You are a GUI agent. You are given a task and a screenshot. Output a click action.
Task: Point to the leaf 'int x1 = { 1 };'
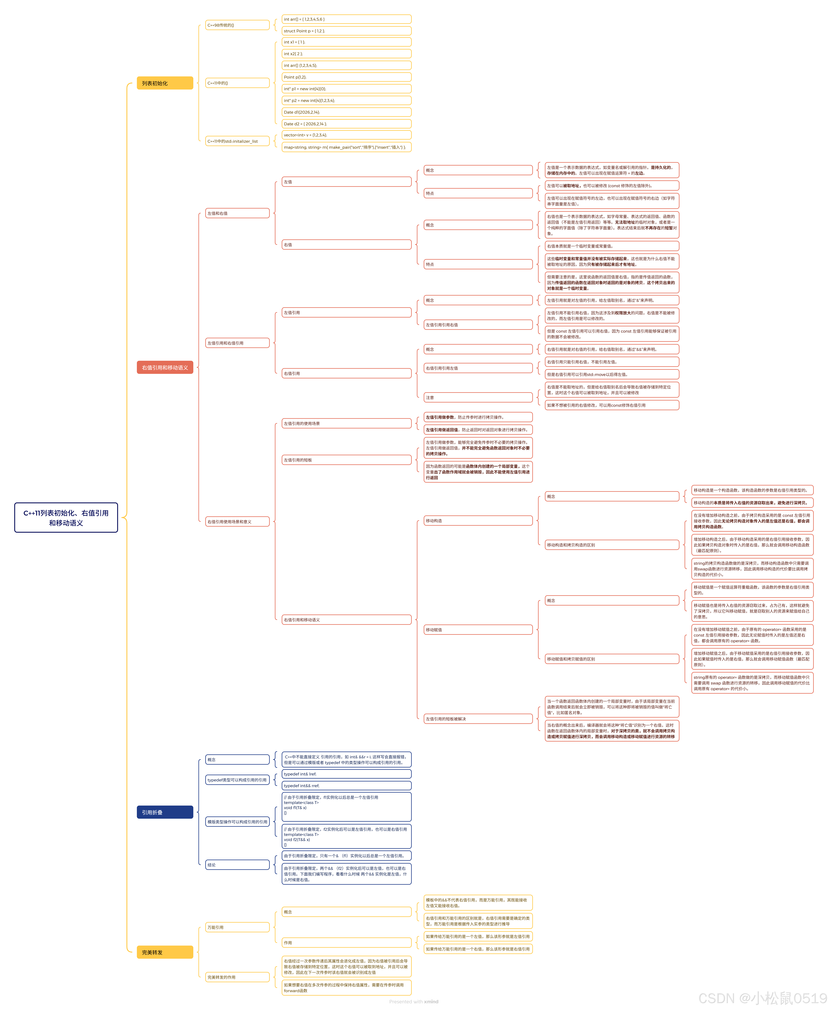point(346,42)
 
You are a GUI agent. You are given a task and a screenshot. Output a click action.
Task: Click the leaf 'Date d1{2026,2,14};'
point(346,112)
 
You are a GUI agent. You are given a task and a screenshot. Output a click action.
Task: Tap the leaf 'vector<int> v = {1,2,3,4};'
point(346,135)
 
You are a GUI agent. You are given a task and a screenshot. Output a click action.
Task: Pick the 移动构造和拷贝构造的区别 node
point(612,545)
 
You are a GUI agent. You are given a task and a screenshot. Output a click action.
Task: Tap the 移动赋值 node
point(478,629)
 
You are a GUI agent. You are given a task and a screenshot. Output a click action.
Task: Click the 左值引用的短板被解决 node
point(478,719)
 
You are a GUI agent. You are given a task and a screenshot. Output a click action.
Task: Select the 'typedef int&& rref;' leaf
point(346,785)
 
